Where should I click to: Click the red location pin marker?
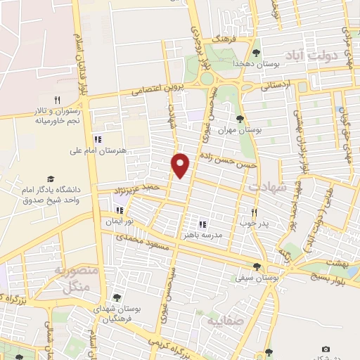[x=181, y=165]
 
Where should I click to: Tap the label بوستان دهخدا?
[x=281, y=63]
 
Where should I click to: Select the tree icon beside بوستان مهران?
[x=240, y=119]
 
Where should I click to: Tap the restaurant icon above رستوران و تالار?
[x=58, y=100]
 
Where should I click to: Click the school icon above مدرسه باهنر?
[x=202, y=224]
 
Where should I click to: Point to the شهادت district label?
[x=268, y=186]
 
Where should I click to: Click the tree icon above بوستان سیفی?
[x=257, y=266]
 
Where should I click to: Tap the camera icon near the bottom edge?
[x=325, y=349]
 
